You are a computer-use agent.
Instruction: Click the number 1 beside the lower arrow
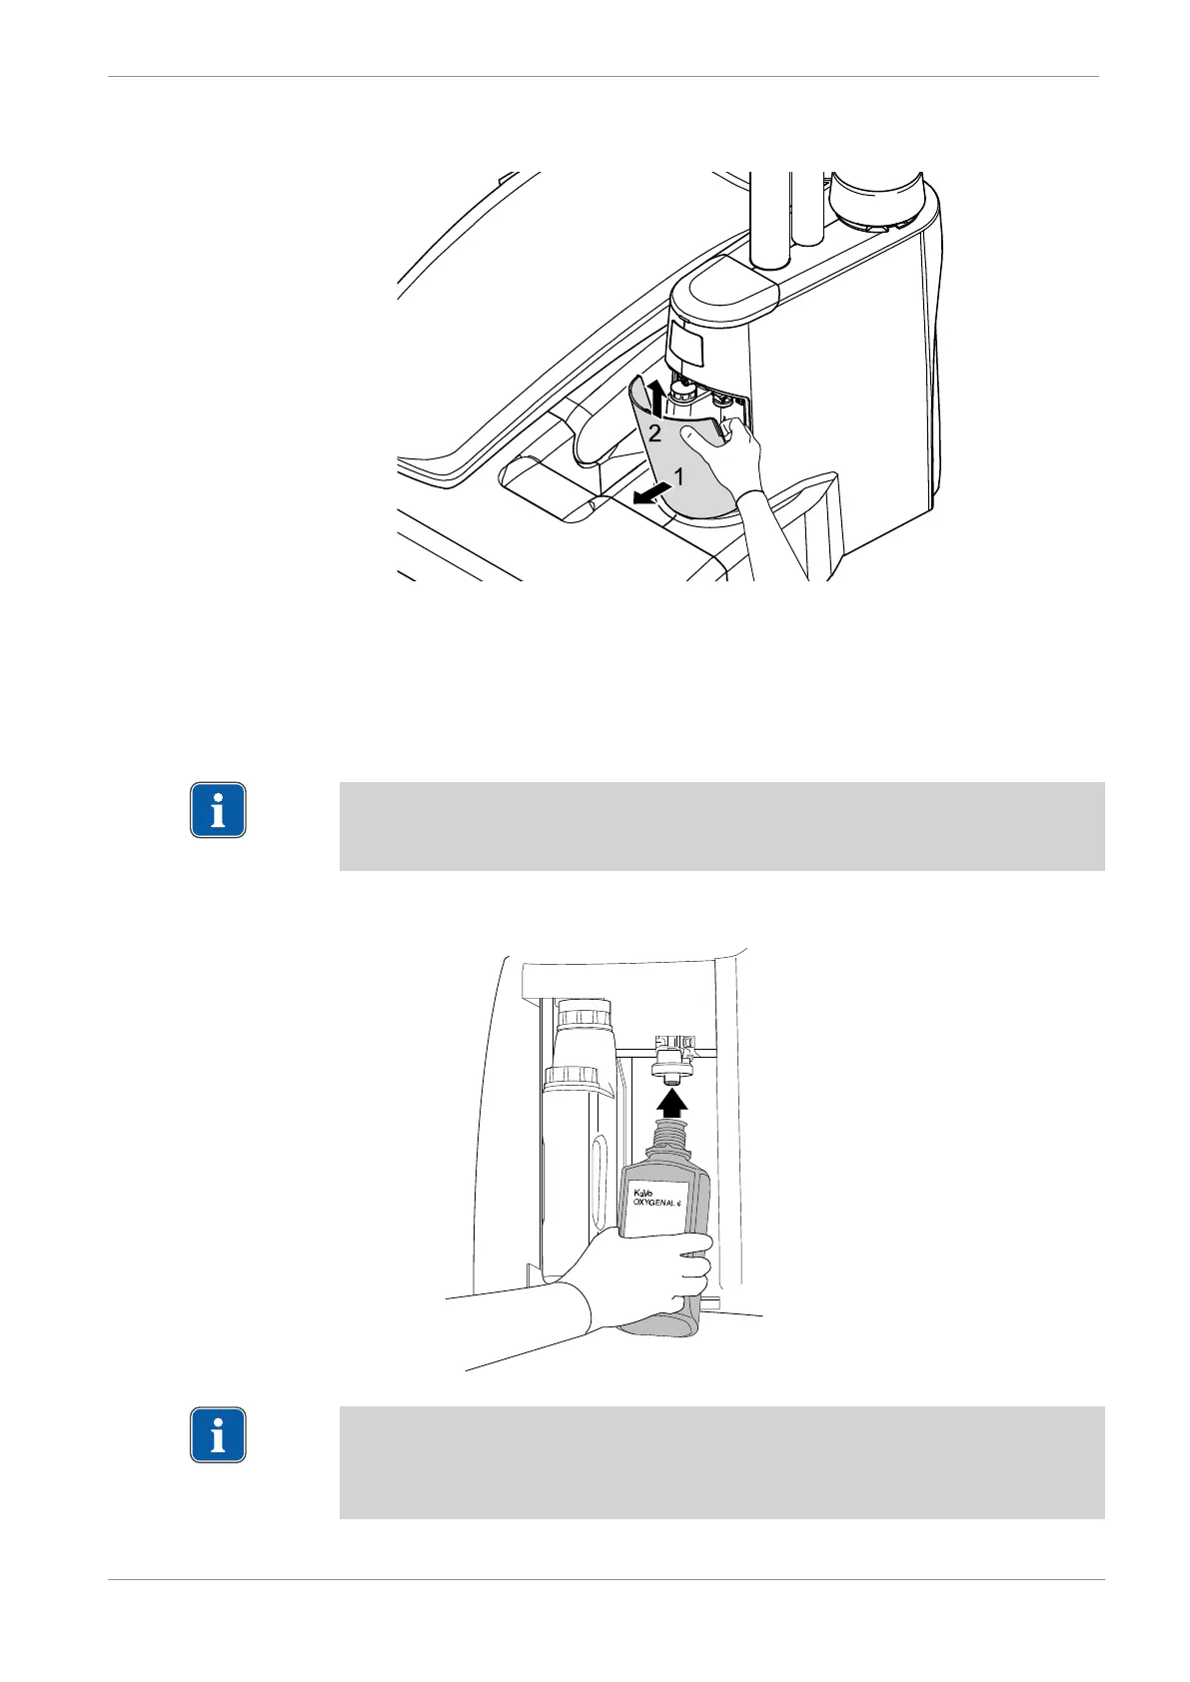pyautogui.click(x=678, y=477)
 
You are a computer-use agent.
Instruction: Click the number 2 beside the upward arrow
pyautogui.click(x=654, y=433)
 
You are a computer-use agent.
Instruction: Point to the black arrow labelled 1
pyautogui.click(x=651, y=494)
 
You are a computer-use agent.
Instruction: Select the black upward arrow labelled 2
pyautogui.click(x=655, y=397)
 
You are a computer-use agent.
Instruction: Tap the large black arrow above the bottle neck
pyautogui.click(x=672, y=1101)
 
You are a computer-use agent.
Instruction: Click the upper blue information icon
pyautogui.click(x=218, y=809)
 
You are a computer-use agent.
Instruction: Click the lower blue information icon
pyautogui.click(x=218, y=1435)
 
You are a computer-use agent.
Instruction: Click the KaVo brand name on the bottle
pyautogui.click(x=641, y=1191)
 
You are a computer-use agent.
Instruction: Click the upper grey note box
pyautogui.click(x=721, y=826)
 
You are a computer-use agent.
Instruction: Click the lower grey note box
pyautogui.click(x=721, y=1462)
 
